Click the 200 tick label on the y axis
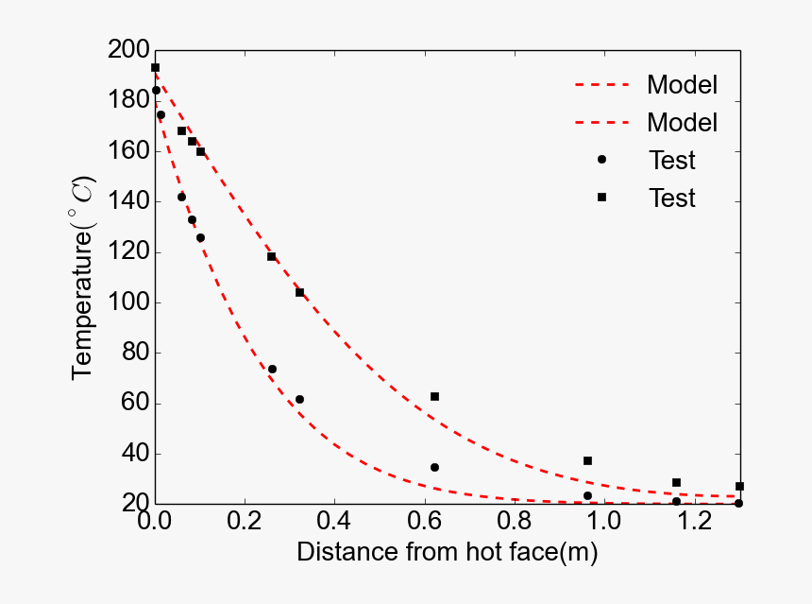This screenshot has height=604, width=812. click(127, 51)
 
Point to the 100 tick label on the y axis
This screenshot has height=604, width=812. click(127, 302)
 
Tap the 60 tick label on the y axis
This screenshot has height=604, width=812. click(133, 404)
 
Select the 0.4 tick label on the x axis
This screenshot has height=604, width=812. click(335, 521)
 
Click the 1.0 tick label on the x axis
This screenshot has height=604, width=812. click(605, 521)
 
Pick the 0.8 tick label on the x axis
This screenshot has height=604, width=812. click(516, 521)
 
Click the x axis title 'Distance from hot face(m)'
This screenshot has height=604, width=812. click(448, 553)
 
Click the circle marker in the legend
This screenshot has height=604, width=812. click(601, 160)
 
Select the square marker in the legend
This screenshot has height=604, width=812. click(601, 198)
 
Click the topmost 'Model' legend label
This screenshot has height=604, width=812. click(682, 84)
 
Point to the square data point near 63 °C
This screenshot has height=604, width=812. click(434, 396)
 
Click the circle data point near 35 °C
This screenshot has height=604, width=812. click(434, 467)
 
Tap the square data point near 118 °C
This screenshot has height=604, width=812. click(271, 256)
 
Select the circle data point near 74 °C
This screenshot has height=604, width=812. click(272, 369)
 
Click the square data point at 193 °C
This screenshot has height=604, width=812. click(155, 68)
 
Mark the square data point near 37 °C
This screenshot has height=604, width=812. click(587, 460)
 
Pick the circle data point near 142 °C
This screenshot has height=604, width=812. click(181, 197)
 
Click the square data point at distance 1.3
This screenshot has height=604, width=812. click(739, 486)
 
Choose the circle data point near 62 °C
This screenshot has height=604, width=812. click(299, 399)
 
